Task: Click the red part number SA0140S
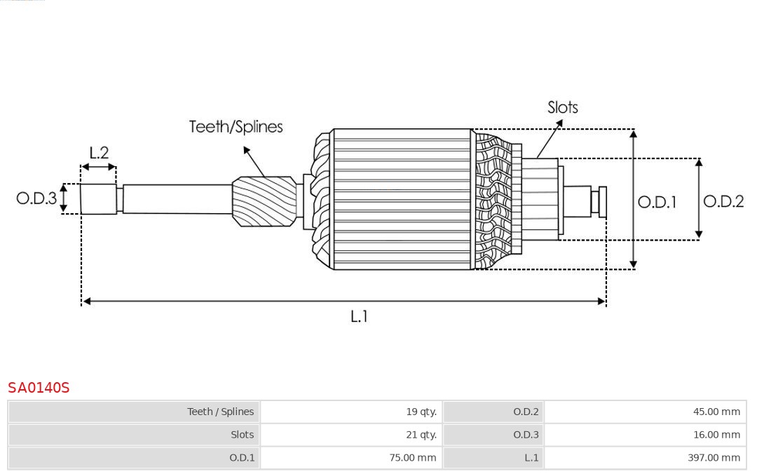(39, 388)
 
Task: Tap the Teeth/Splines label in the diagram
(236, 127)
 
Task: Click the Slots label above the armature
(562, 107)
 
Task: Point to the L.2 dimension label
(99, 153)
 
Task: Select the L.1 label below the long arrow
(359, 316)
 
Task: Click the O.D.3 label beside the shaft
(36, 198)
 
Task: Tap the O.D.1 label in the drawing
(657, 202)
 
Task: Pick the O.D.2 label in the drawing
(723, 201)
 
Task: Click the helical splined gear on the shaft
(264, 201)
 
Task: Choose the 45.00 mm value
(716, 412)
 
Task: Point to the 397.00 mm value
(714, 458)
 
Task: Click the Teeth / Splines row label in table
(221, 412)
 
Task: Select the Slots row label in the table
(242, 435)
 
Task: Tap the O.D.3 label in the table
(526, 435)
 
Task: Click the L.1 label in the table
(531, 458)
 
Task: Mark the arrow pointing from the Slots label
(550, 139)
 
